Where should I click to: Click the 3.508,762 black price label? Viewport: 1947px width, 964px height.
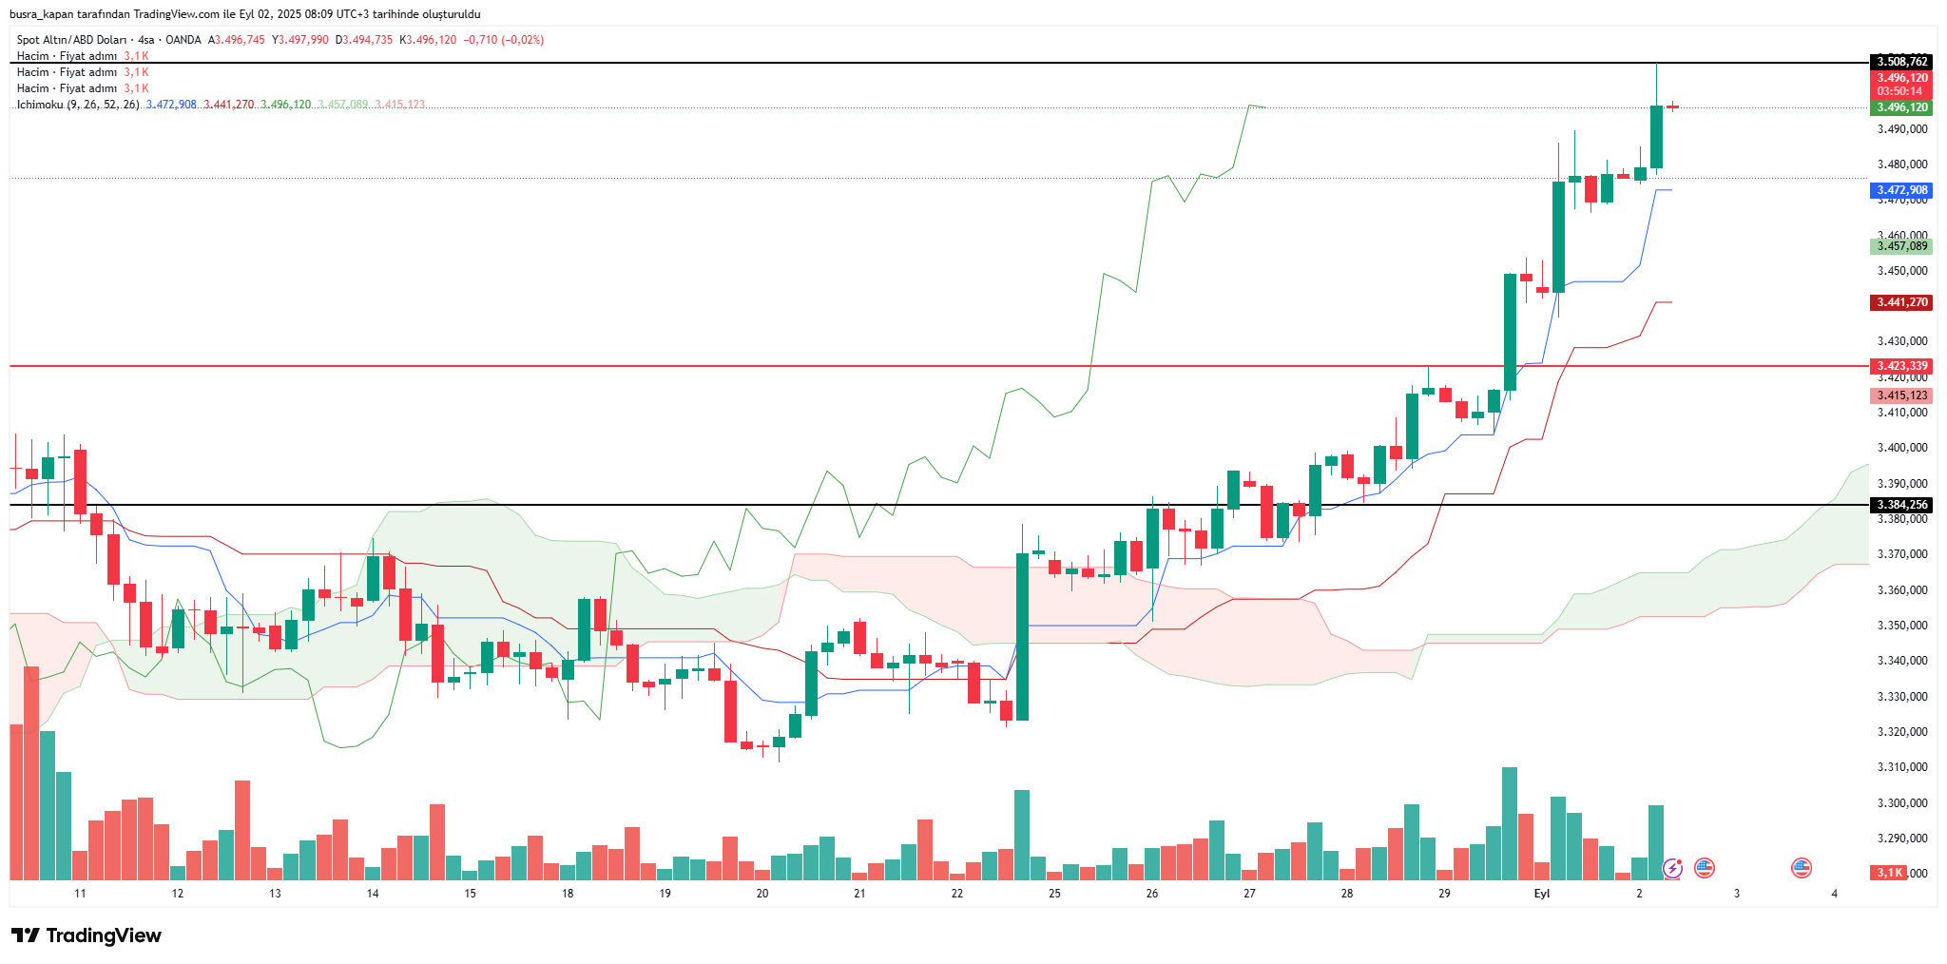pos(1901,62)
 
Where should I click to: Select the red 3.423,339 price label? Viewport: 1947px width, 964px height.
pos(1901,366)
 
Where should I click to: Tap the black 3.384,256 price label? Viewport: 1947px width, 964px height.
pos(1901,505)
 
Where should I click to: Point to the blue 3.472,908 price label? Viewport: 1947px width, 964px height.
pos(1901,190)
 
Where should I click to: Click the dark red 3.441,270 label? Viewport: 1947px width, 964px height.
pos(1901,302)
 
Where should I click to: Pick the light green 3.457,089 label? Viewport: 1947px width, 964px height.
pos(1901,246)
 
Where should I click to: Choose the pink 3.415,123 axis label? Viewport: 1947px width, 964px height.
pos(1901,395)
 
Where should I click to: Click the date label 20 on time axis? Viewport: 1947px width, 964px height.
pos(762,894)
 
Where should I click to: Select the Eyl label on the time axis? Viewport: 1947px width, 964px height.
pos(1542,894)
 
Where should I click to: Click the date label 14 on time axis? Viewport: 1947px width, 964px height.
pos(373,894)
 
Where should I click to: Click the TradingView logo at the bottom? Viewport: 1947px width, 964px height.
pos(87,935)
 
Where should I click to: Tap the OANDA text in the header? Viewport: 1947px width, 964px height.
pos(183,40)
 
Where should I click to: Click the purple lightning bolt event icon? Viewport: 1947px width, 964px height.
pos(1672,868)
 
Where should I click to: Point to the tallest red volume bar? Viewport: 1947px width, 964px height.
pos(31,772)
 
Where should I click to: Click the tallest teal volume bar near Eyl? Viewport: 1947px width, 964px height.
pos(1510,822)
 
